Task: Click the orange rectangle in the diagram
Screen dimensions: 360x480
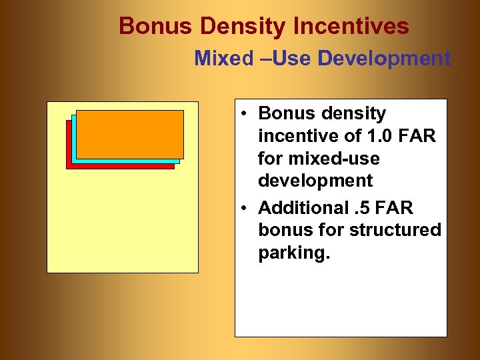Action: pyautogui.click(x=130, y=133)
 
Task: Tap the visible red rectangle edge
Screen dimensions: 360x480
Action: pyautogui.click(x=120, y=167)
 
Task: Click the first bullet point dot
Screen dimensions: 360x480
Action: pyautogui.click(x=246, y=114)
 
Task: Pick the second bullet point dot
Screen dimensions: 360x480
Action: pyautogui.click(x=246, y=209)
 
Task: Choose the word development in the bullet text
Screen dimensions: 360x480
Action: pyautogui.click(x=315, y=181)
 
